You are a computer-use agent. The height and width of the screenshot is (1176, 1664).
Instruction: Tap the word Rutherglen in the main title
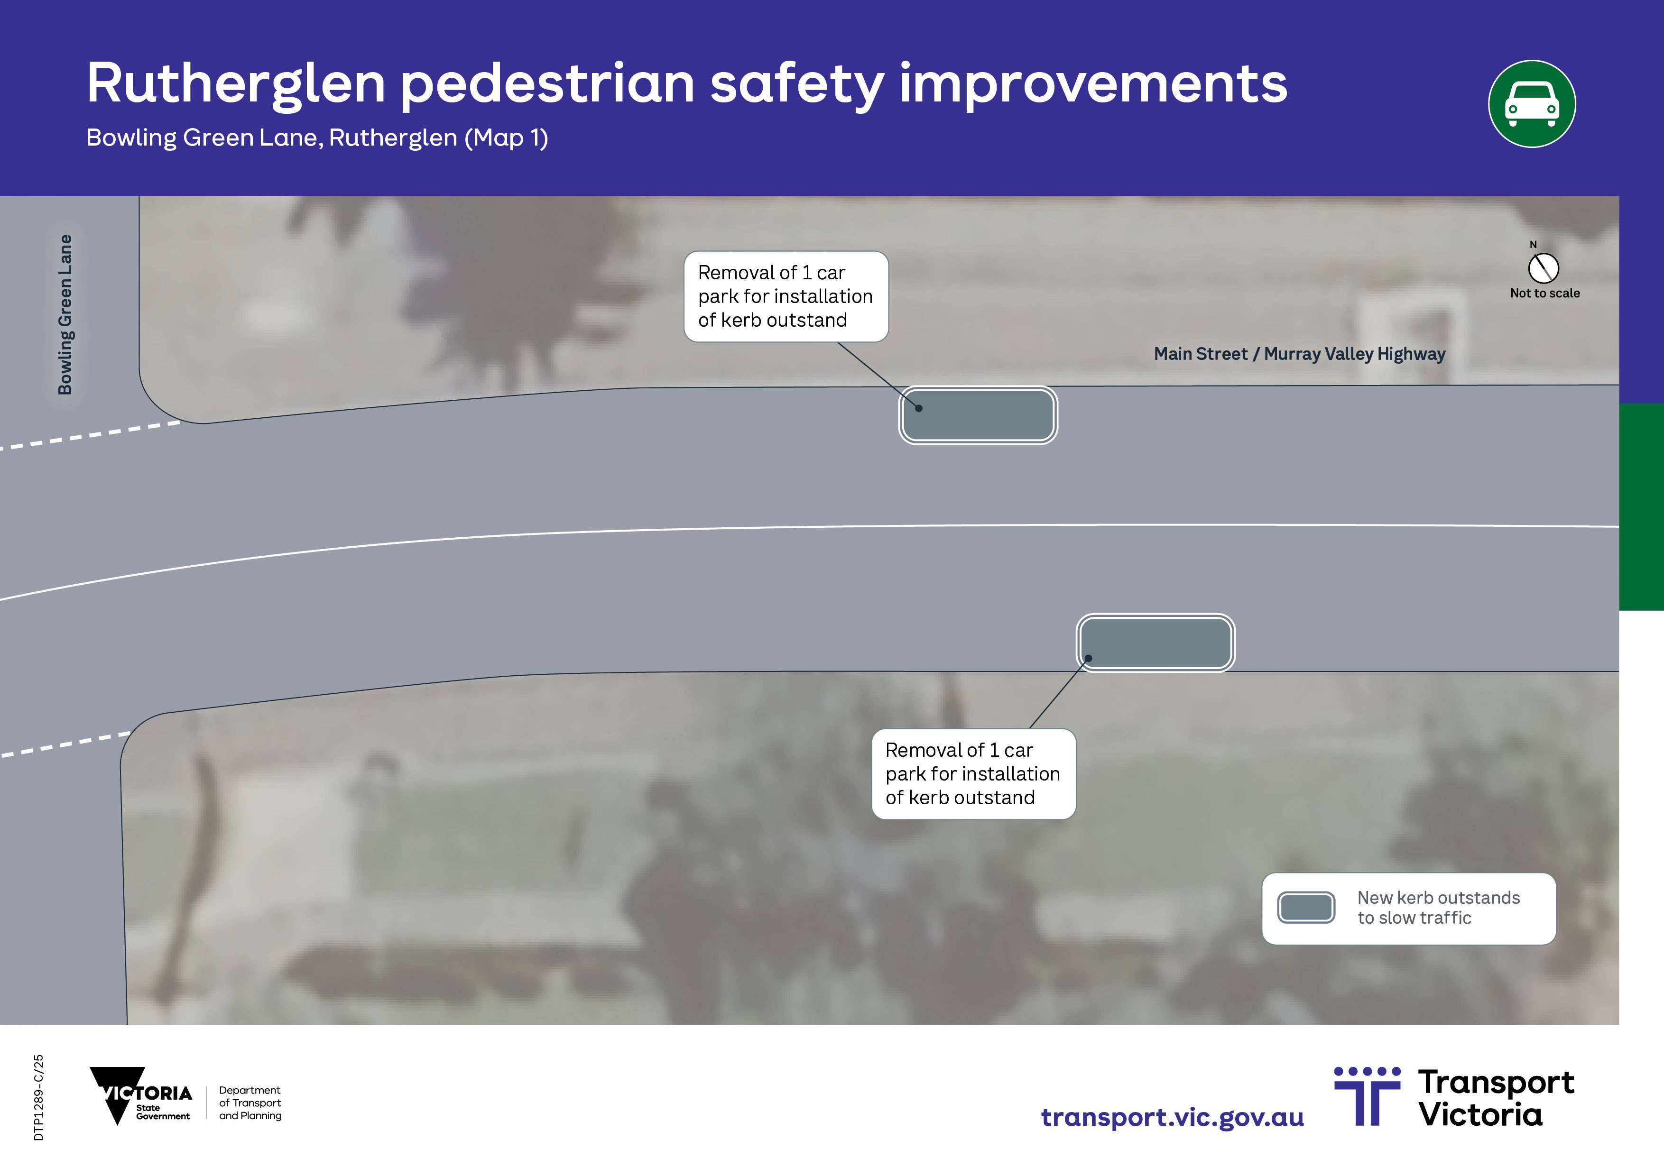[236, 84]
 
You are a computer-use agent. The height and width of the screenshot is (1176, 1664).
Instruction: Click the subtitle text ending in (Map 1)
[317, 137]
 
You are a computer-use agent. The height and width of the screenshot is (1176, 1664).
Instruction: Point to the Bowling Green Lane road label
[65, 314]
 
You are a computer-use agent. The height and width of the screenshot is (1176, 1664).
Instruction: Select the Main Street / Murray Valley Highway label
[1299, 354]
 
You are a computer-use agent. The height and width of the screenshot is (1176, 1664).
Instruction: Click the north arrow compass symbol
[1543, 267]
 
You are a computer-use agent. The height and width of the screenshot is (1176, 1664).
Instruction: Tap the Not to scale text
[1544, 293]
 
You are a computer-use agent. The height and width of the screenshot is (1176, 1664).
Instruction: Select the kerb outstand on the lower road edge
[1155, 643]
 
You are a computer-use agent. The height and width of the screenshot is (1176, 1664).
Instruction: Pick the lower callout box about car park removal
[973, 774]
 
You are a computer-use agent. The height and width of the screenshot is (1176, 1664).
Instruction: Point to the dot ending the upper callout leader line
[918, 408]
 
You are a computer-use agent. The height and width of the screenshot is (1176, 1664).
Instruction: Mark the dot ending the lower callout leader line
[1088, 659]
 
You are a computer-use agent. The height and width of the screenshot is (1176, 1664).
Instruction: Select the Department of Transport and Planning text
[250, 1103]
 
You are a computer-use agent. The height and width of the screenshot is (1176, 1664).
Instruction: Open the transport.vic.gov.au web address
[1173, 1117]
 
